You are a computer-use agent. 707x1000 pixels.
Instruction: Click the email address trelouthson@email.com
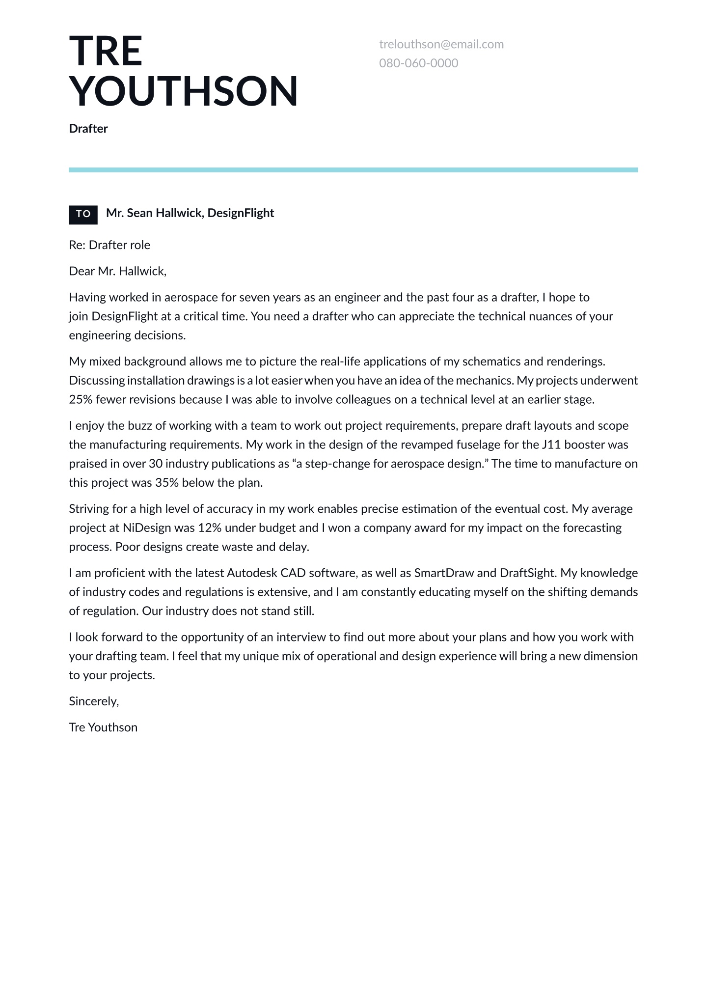(441, 44)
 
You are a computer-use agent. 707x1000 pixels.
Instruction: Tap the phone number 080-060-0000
(418, 63)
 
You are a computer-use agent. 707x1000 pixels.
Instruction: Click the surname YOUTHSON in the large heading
(184, 91)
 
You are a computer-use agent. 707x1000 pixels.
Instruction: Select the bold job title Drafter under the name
(88, 129)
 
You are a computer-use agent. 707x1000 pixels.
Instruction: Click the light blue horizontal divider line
(353, 170)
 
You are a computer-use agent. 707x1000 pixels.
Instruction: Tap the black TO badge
(83, 214)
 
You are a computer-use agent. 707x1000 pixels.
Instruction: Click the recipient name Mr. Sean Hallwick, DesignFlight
(190, 213)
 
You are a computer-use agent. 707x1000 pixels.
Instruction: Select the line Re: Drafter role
(109, 245)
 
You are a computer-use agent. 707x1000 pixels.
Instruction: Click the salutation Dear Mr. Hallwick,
(118, 271)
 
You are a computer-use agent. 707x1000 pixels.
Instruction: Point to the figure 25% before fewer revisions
(81, 399)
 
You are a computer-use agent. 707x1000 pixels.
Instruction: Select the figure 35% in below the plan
(166, 483)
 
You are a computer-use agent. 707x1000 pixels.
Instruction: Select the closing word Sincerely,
(94, 701)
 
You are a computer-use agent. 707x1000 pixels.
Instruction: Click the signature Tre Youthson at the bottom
(103, 727)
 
